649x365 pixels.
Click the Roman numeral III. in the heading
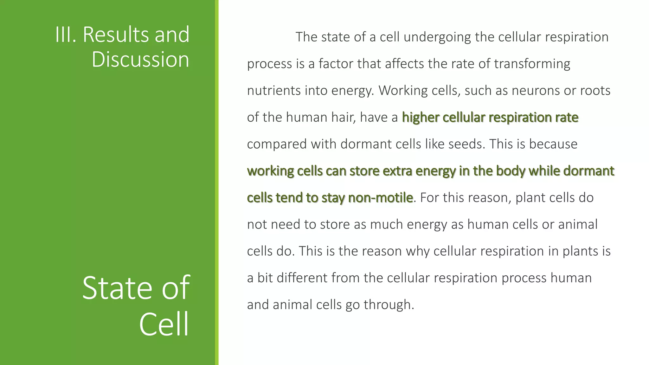66,35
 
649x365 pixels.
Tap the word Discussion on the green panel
140,60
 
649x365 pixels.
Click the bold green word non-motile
380,198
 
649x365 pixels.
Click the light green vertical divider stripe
217,182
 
